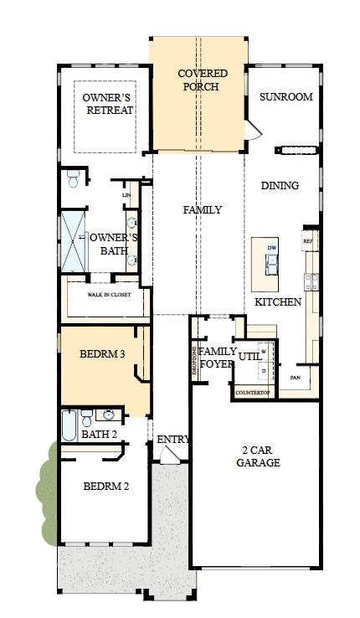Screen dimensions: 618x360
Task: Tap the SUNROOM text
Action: pyautogui.click(x=285, y=96)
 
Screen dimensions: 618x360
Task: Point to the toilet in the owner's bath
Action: pyautogui.click(x=74, y=179)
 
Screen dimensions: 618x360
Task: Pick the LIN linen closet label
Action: pyautogui.click(x=126, y=195)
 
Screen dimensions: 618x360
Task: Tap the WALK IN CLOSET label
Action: pyautogui.click(x=109, y=295)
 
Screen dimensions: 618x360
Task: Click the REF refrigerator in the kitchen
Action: pyautogui.click(x=309, y=240)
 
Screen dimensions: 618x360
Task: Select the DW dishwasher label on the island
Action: pyautogui.click(x=271, y=249)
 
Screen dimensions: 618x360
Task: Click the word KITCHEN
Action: pyautogui.click(x=278, y=301)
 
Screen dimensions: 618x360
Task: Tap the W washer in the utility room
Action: pyautogui.click(x=264, y=352)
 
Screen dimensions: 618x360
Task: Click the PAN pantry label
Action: pyautogui.click(x=295, y=378)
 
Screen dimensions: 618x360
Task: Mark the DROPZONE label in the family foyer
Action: pyautogui.click(x=194, y=361)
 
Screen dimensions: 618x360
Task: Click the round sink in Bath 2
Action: pyautogui.click(x=109, y=415)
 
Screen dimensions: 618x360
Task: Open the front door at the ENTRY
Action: pyautogui.click(x=170, y=454)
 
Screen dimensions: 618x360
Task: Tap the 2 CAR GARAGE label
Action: pyautogui.click(x=257, y=456)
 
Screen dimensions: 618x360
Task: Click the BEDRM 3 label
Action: pyautogui.click(x=102, y=354)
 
